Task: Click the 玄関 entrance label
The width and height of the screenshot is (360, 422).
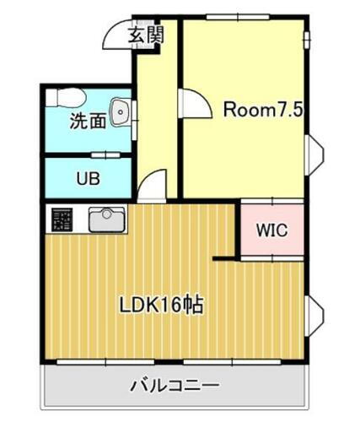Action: (145, 35)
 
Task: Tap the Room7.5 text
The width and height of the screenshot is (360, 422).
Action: (261, 111)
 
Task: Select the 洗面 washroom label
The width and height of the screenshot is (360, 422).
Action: (87, 122)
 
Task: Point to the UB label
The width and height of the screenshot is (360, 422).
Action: (87, 179)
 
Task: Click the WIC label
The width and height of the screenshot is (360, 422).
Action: (271, 229)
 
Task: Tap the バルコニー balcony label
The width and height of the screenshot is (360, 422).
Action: (175, 387)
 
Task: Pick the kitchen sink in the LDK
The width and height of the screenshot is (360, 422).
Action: (107, 220)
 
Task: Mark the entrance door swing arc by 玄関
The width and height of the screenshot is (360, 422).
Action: (116, 35)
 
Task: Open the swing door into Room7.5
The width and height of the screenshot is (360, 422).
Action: (194, 106)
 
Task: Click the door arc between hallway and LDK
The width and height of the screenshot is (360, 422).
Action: (153, 186)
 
